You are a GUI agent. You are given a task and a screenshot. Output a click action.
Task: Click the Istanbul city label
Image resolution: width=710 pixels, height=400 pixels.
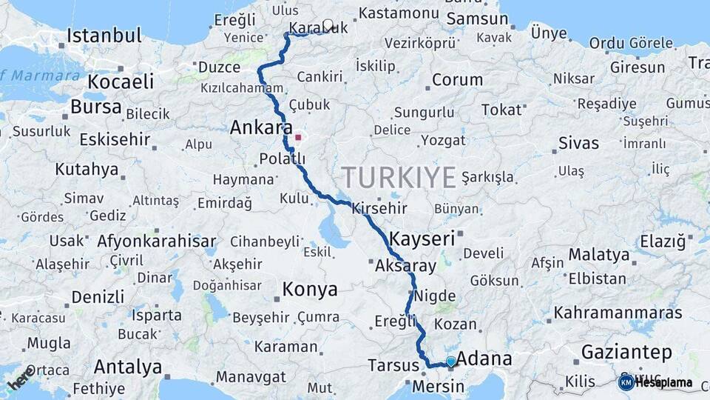[104, 36]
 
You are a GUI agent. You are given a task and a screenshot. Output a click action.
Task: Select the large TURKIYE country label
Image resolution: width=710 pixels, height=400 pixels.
[398, 178]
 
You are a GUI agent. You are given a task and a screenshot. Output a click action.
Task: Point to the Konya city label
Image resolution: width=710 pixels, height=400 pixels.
[310, 289]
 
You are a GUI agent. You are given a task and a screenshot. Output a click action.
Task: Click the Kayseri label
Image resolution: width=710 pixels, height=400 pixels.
[422, 239]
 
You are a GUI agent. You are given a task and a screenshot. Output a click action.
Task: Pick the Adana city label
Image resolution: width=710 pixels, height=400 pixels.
[485, 359]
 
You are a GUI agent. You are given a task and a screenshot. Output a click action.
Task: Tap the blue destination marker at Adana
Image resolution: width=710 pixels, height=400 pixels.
[450, 361]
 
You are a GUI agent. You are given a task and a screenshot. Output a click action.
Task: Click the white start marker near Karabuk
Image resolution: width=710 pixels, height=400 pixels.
[328, 24]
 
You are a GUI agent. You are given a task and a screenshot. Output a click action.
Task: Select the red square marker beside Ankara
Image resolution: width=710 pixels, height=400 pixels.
[298, 137]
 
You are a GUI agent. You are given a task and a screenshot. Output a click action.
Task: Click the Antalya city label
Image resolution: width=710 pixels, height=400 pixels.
[128, 367]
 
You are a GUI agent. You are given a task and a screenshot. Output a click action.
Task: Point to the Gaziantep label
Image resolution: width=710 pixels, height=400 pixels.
[626, 351]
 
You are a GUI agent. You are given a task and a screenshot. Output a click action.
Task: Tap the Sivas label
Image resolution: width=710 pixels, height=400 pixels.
[578, 143]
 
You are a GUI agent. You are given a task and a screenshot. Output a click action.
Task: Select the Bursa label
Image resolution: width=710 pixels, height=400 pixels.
[95, 107]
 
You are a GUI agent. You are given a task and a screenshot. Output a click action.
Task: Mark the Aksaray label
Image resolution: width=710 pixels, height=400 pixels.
[405, 264]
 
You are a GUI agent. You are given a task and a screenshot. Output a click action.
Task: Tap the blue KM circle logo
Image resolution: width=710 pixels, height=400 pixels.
[626, 382]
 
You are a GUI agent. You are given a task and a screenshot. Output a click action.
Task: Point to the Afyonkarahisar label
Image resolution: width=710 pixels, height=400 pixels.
[156, 241]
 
